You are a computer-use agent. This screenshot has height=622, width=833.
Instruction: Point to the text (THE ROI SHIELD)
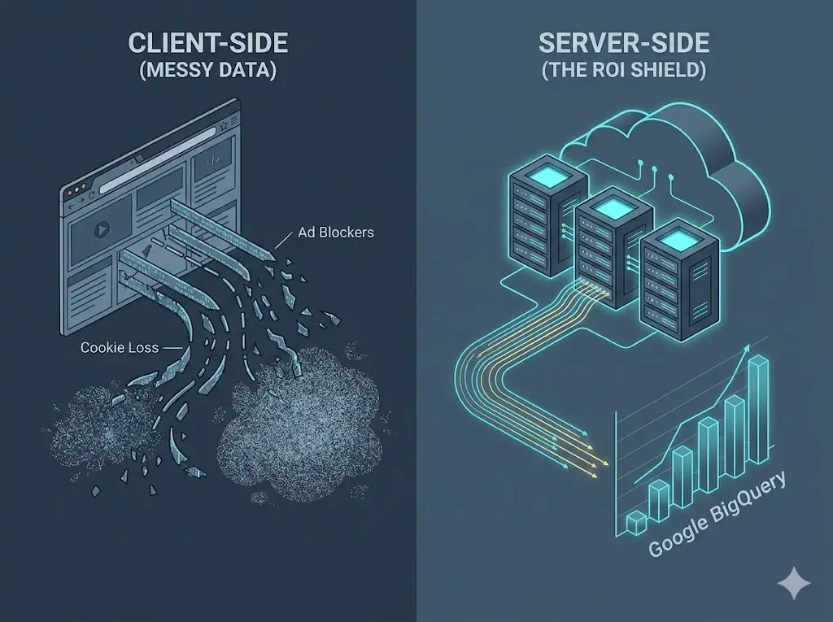[624, 71]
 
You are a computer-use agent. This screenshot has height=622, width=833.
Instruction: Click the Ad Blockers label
[335, 233]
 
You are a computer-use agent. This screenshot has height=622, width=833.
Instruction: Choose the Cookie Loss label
[119, 347]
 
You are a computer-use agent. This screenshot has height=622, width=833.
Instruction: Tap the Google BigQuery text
[717, 515]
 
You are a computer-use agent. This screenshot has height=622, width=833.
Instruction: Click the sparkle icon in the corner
[793, 584]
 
